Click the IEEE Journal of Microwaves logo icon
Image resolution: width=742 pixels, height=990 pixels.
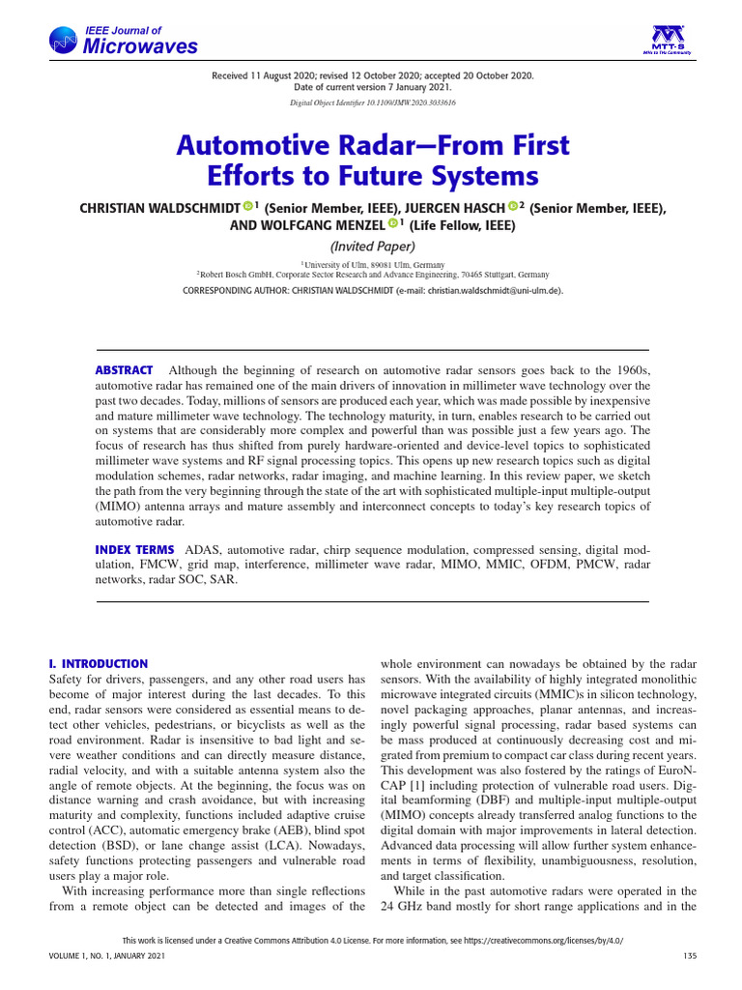(65, 40)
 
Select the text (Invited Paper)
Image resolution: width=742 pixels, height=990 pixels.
(371, 247)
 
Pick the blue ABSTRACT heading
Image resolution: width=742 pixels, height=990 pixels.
(124, 370)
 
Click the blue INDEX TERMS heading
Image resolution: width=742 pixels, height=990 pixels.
(134, 549)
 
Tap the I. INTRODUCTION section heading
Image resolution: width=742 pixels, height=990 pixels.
(98, 664)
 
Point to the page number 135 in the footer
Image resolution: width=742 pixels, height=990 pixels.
(689, 956)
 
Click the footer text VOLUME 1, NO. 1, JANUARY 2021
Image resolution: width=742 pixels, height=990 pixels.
(106, 956)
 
